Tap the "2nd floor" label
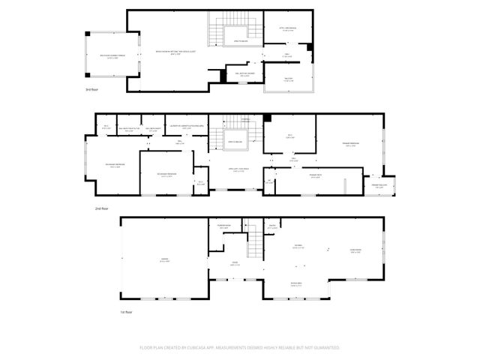point(103,208)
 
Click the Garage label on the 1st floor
point(164,260)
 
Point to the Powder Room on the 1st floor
point(223,226)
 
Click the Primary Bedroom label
point(350,145)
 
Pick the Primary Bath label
point(306,177)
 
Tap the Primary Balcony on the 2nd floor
point(381,187)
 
